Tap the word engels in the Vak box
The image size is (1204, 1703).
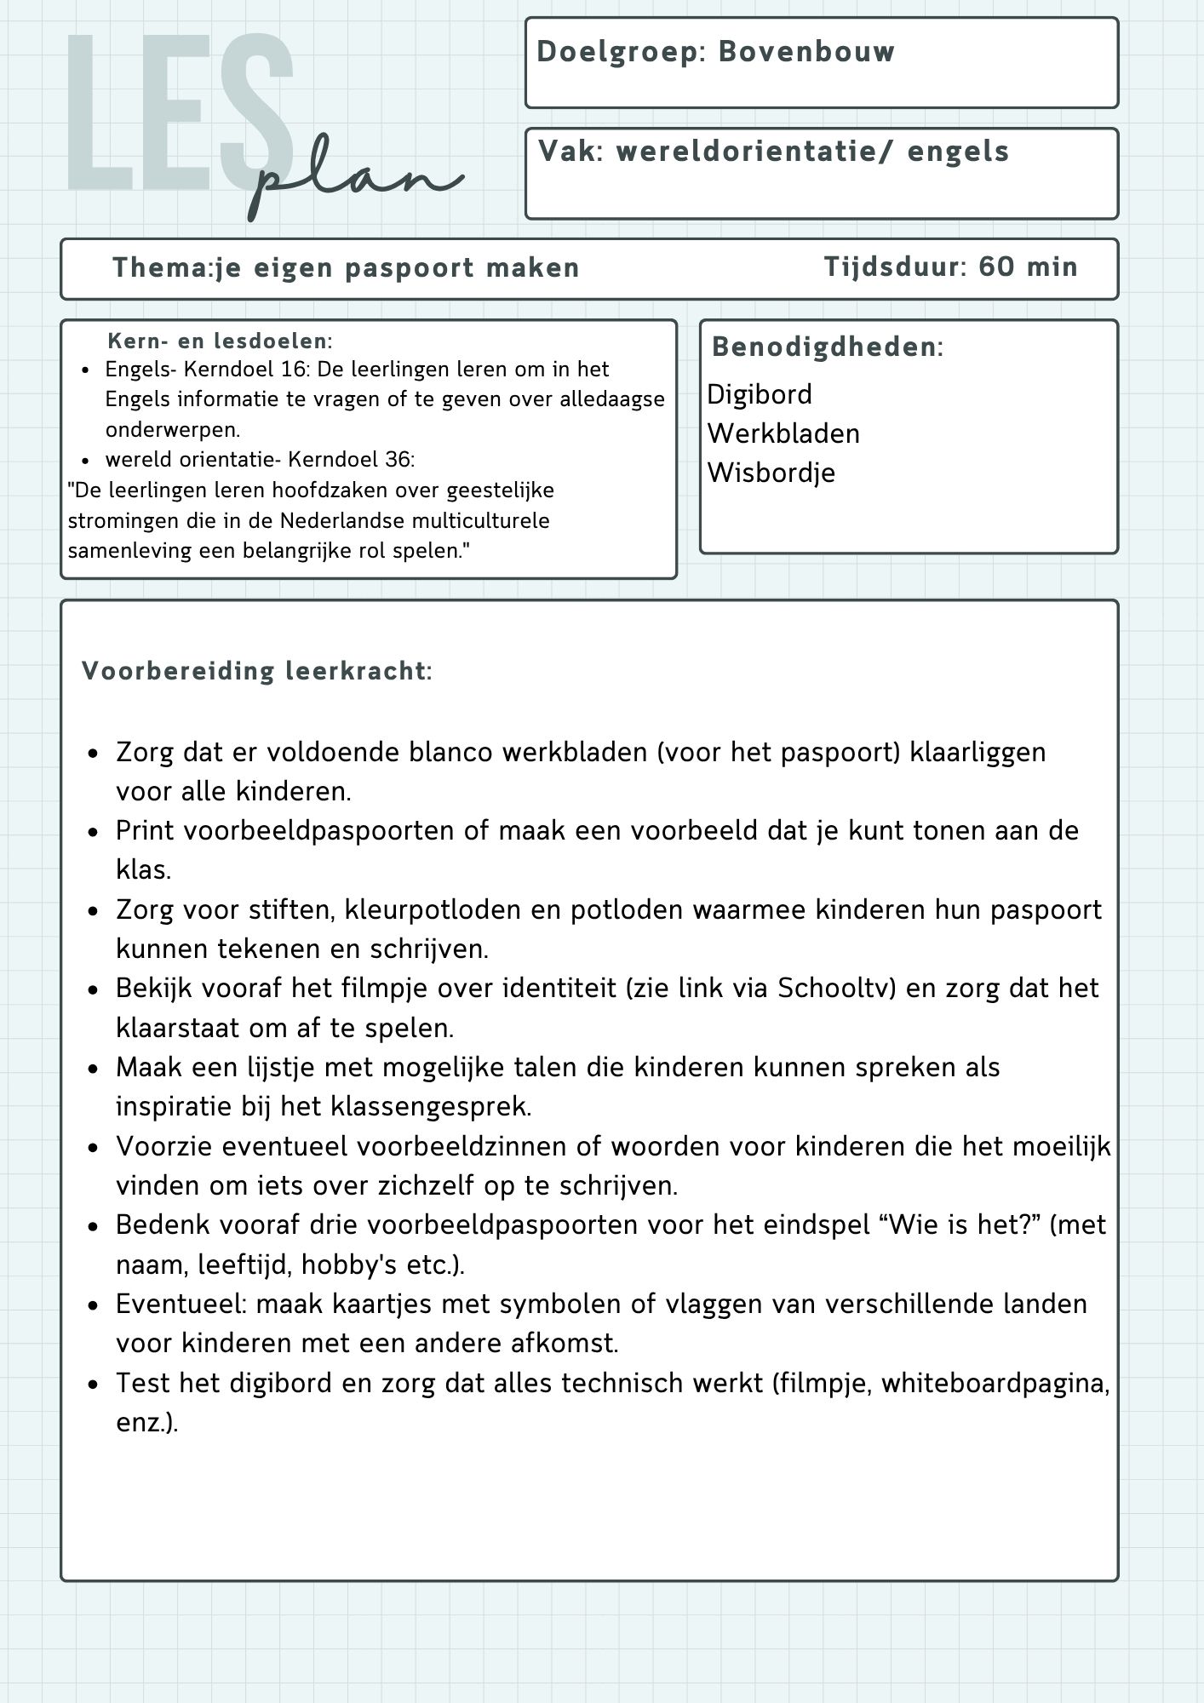tap(958, 152)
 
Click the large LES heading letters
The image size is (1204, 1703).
tap(179, 115)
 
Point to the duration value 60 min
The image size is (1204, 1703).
tap(1028, 267)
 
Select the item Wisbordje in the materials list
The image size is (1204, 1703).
tap(771, 473)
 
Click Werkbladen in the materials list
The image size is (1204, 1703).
tap(783, 433)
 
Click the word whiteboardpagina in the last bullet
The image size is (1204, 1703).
tap(995, 1384)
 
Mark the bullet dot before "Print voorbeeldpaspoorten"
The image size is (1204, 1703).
tap(95, 832)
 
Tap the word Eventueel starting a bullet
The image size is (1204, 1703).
tap(180, 1304)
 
